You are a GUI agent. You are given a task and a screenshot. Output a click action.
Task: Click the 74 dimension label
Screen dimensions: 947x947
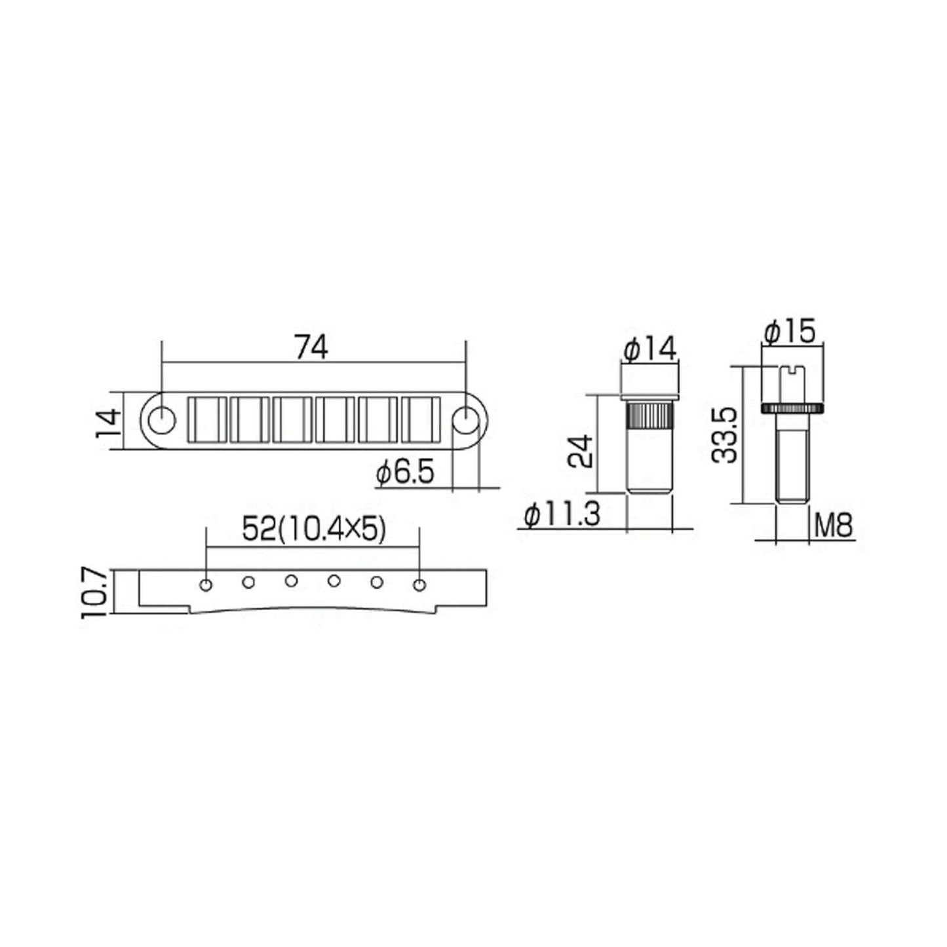click(311, 347)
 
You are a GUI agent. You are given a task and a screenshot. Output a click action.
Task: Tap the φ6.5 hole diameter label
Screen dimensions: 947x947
click(405, 473)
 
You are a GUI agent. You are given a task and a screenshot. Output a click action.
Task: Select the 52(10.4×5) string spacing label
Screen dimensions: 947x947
click(314, 529)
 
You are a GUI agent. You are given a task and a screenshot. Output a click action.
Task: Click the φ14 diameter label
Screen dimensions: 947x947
click(649, 349)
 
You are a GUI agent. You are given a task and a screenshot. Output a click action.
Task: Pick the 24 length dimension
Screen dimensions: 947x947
click(581, 451)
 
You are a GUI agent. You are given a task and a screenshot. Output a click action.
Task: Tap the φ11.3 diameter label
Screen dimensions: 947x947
click(562, 514)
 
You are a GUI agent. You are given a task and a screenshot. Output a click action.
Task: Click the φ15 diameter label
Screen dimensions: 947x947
click(789, 331)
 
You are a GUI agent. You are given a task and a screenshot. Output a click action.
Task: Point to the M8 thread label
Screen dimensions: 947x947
click(832, 526)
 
